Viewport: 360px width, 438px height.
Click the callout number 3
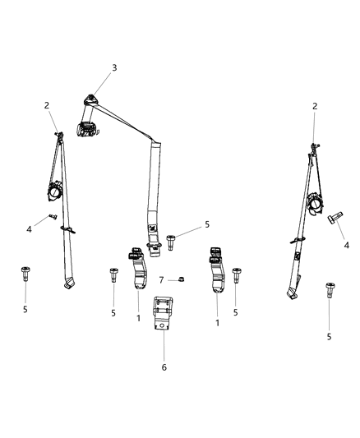point(114,67)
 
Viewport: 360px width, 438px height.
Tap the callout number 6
point(164,367)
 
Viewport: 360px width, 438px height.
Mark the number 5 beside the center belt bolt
point(207,224)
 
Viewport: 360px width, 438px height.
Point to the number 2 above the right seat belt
point(315,107)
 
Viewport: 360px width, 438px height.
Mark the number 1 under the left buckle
point(137,318)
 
